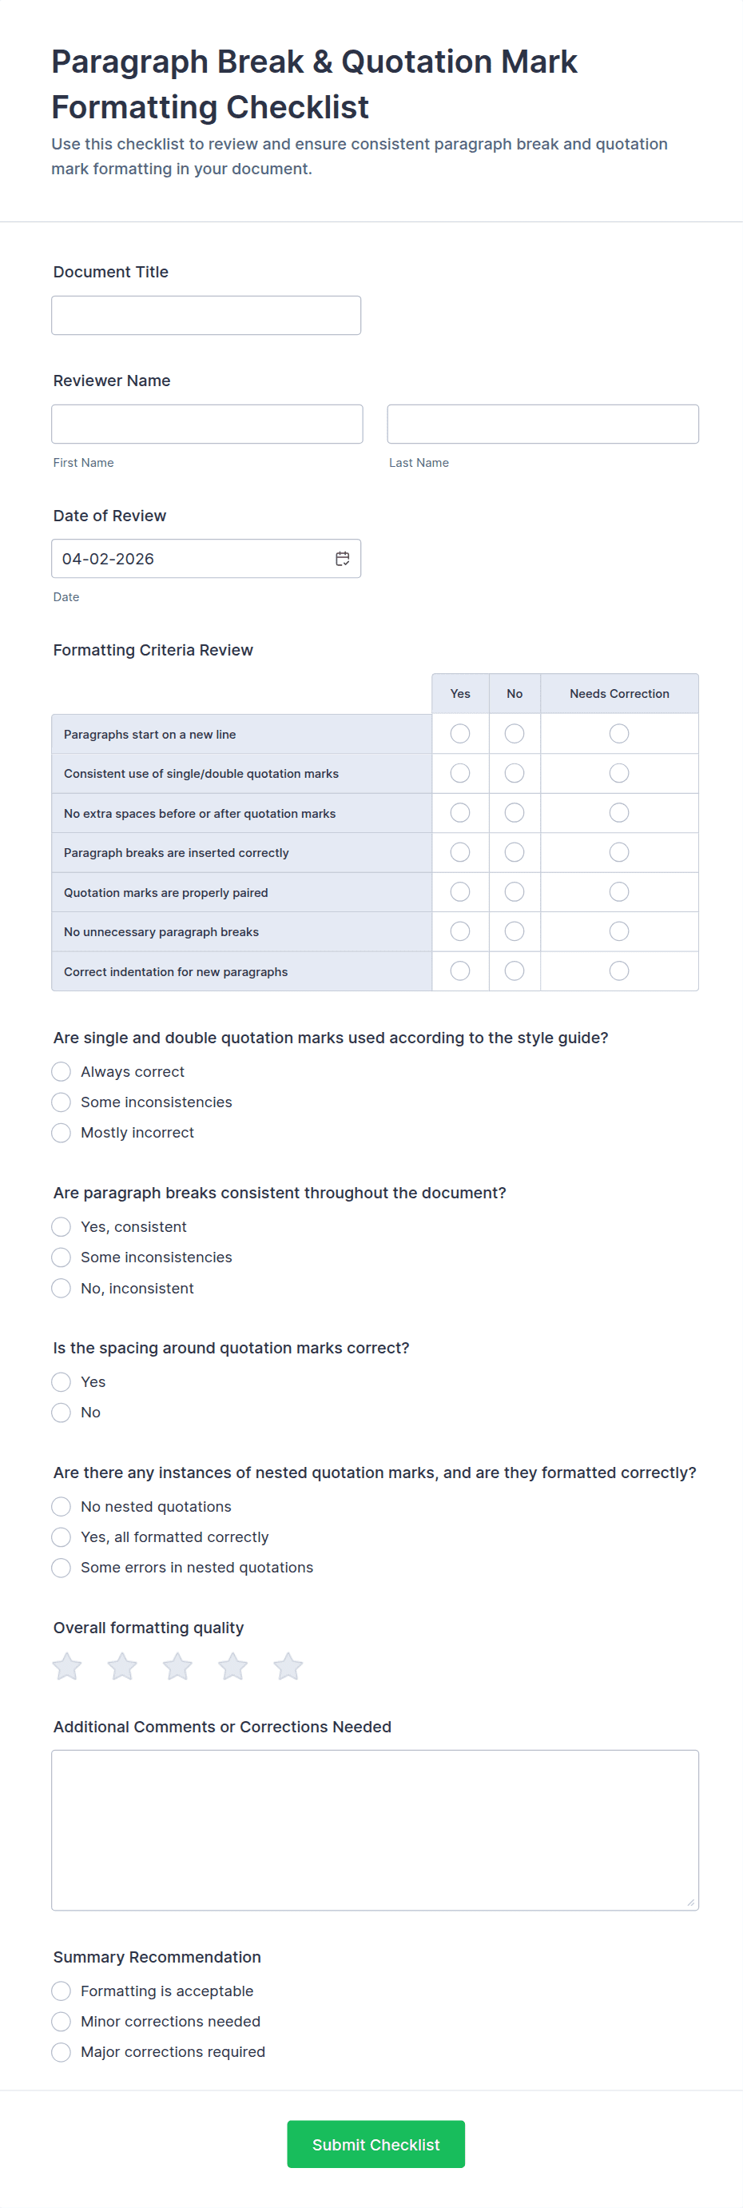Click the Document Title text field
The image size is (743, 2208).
(205, 316)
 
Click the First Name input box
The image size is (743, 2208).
(207, 424)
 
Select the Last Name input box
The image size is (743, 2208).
(542, 424)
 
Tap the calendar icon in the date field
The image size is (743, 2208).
(342, 559)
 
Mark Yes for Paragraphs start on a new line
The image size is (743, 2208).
(460, 734)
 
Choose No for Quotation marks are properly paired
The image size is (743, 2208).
(515, 892)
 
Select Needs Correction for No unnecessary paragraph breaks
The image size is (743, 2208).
(618, 931)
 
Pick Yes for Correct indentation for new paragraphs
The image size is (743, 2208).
(460, 971)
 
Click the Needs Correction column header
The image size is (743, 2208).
(618, 693)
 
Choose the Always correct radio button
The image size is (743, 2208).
(61, 1071)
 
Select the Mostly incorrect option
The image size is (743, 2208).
(61, 1133)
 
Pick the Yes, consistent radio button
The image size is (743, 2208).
(61, 1226)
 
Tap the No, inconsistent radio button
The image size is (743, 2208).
(61, 1289)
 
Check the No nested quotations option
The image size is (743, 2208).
(61, 1507)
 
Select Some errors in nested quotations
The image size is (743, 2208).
(61, 1568)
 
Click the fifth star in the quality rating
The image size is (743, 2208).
(288, 1666)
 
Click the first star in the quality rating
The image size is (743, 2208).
(67, 1666)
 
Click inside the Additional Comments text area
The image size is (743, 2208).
(375, 1830)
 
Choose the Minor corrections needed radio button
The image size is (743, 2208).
(61, 2021)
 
